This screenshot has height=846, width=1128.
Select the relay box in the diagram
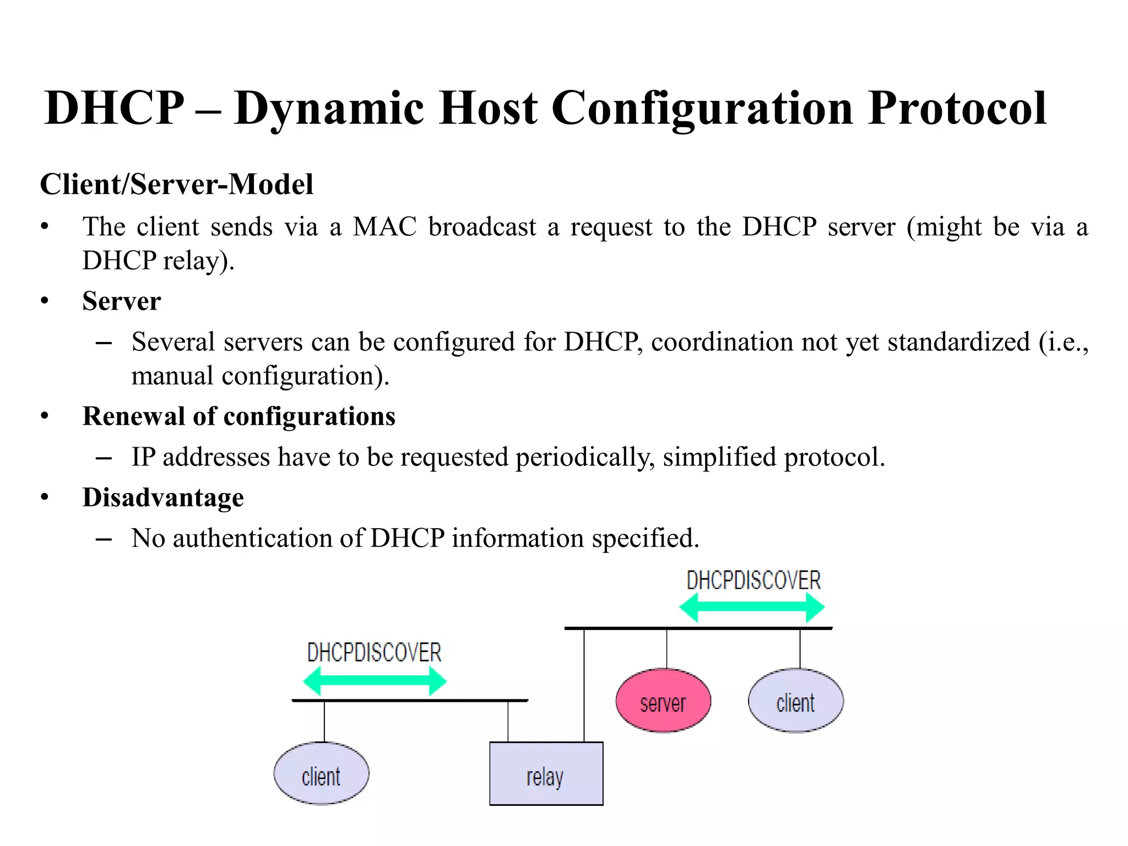(x=546, y=773)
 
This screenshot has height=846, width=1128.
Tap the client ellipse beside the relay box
(x=321, y=773)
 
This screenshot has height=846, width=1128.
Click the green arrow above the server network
(x=752, y=607)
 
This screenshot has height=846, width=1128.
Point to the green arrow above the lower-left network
(x=375, y=681)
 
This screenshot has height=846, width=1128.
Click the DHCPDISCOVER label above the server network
(x=753, y=581)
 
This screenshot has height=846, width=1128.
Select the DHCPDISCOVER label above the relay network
(x=374, y=653)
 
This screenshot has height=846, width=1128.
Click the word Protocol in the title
(x=957, y=108)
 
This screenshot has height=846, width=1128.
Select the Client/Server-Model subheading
(x=176, y=184)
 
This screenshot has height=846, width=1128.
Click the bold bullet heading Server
(x=121, y=301)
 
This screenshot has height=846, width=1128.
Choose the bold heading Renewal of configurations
(x=238, y=416)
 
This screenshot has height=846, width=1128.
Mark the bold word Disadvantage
(x=163, y=497)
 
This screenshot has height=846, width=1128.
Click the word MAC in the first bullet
(x=384, y=227)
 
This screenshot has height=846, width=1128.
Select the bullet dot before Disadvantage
(x=45, y=497)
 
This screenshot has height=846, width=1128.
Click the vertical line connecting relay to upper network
(x=584, y=685)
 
